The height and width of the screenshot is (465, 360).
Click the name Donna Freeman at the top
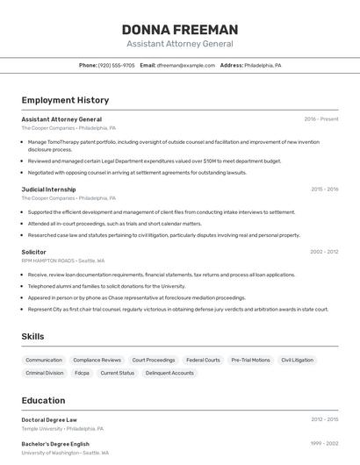pyautogui.click(x=179, y=30)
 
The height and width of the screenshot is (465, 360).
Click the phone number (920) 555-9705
pyautogui.click(x=116, y=65)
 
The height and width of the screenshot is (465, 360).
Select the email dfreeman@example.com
pyautogui.click(x=185, y=65)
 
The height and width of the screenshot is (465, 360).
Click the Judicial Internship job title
pyautogui.click(x=48, y=190)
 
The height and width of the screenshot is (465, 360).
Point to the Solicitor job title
pyautogui.click(x=33, y=252)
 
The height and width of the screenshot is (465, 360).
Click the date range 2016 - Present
pyautogui.click(x=320, y=119)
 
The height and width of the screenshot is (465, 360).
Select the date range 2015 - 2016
pyautogui.click(x=324, y=190)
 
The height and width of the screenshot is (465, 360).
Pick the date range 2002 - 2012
pyautogui.click(x=323, y=252)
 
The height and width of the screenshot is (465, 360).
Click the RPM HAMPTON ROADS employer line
pyautogui.click(x=62, y=261)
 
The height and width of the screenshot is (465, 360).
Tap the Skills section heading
pyautogui.click(x=32, y=336)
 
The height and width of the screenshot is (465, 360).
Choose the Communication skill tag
pyautogui.click(x=44, y=360)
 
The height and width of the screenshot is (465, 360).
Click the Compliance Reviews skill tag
pyautogui.click(x=97, y=360)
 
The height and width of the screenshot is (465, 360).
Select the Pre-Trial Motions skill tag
pyautogui.click(x=250, y=360)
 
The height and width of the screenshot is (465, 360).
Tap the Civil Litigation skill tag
pyautogui.click(x=297, y=360)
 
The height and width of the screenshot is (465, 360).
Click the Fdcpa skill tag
pyautogui.click(x=82, y=373)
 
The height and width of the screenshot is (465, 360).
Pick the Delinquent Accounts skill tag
pyautogui.click(x=169, y=373)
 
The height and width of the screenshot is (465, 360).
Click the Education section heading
pyautogui.click(x=43, y=400)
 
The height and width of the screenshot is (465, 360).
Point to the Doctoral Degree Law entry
pyautogui.click(x=49, y=419)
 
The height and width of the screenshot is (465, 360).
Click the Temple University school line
pyautogui.click(x=62, y=429)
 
